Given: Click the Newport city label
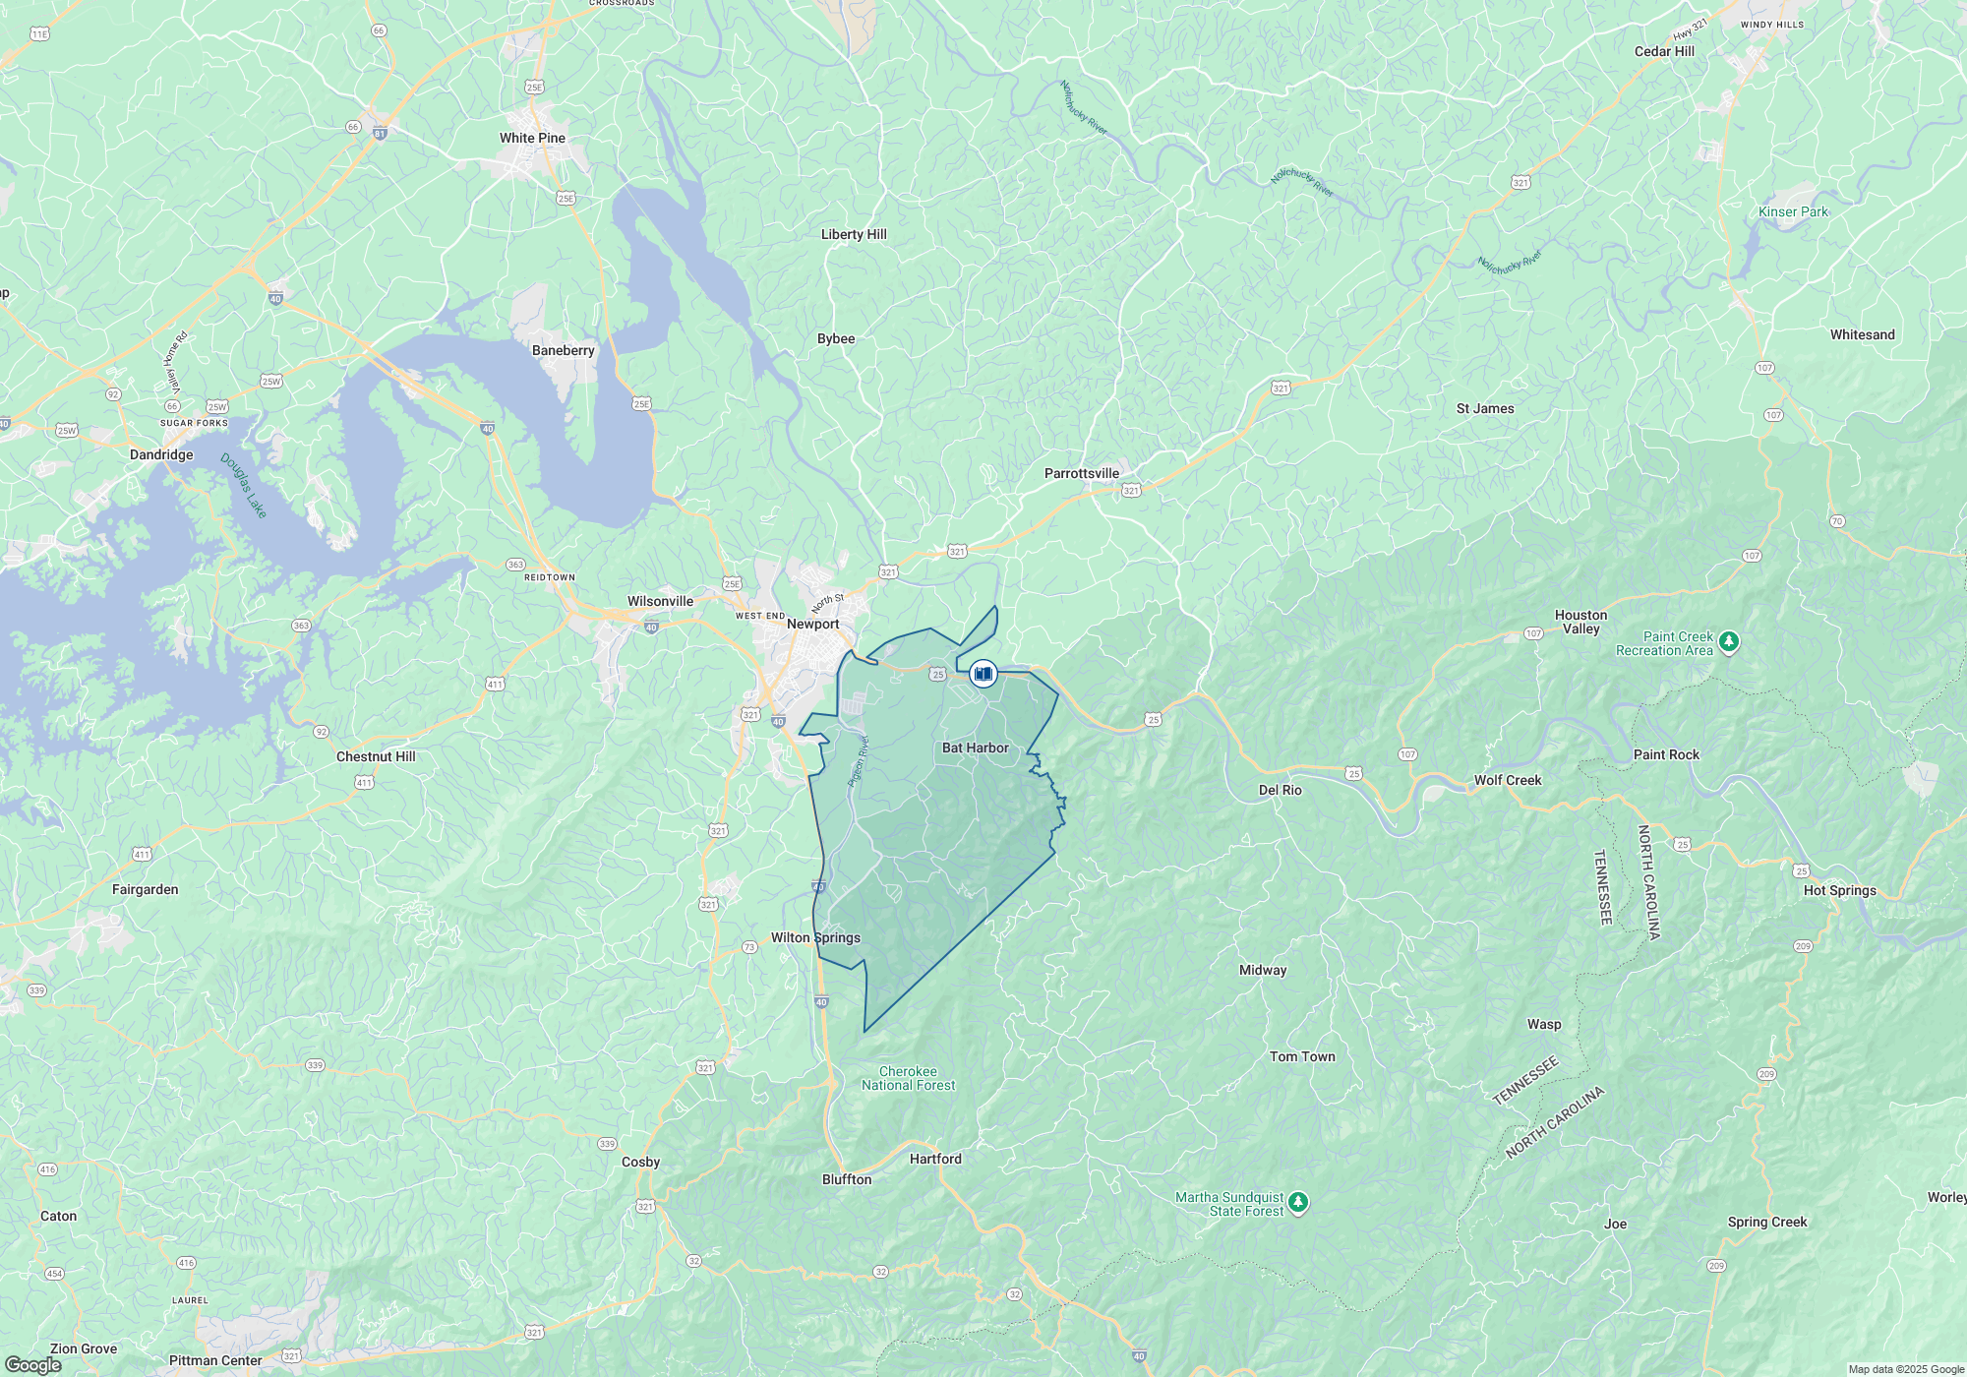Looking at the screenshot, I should pyautogui.click(x=812, y=624).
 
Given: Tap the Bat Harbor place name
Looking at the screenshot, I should pyautogui.click(x=975, y=748).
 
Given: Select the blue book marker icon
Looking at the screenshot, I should pyautogui.click(x=983, y=674).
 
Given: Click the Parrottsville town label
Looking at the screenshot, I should pyautogui.click(x=1081, y=473).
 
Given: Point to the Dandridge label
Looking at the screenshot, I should pyautogui.click(x=161, y=454).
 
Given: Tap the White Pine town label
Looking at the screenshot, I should pyautogui.click(x=532, y=138).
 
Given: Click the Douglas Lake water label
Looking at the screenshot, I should pyautogui.click(x=243, y=485).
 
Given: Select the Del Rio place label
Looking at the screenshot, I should pyautogui.click(x=1280, y=790).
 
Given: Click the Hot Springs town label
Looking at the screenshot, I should pyautogui.click(x=1839, y=890).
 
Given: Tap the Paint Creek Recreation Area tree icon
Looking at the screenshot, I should pyautogui.click(x=1729, y=642).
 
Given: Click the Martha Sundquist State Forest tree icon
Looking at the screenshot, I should pyautogui.click(x=1298, y=1202).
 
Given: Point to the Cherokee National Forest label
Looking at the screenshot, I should pyautogui.click(x=908, y=1078).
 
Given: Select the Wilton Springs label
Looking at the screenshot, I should pyautogui.click(x=815, y=937).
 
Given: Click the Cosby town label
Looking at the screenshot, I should pyautogui.click(x=640, y=1162).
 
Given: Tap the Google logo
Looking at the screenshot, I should pyautogui.click(x=32, y=1365).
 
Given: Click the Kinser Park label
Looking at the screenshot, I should pyautogui.click(x=1792, y=211).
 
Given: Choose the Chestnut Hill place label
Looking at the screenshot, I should pyautogui.click(x=376, y=756).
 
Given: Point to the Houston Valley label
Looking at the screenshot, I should pyautogui.click(x=1580, y=622).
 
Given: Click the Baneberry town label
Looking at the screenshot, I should pyautogui.click(x=563, y=350).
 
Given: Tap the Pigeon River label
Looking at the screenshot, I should pyautogui.click(x=859, y=760).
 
